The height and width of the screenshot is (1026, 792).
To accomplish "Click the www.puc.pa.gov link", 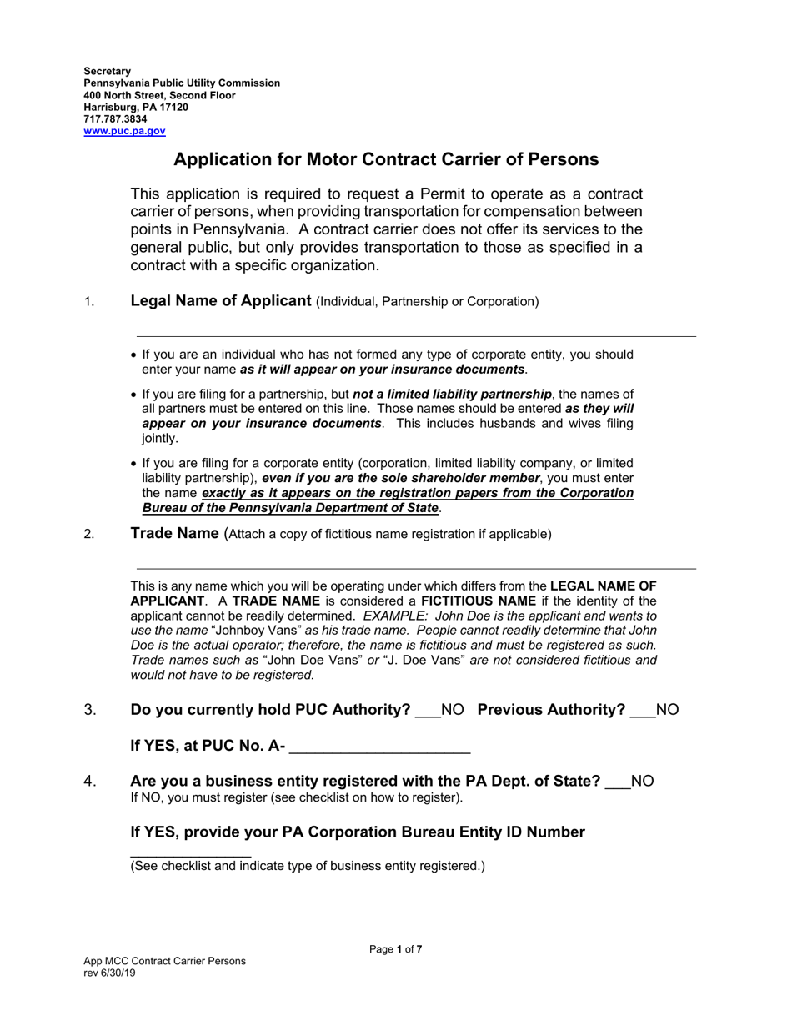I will point(124,131).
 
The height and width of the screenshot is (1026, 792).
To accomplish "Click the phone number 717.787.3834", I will point(115,119).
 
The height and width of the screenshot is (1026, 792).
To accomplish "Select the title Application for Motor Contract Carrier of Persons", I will point(385,159).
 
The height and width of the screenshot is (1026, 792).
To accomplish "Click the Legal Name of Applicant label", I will point(221,301).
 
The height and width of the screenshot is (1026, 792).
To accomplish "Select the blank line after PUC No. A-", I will point(379,749).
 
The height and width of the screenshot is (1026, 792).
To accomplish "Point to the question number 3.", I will point(90,710).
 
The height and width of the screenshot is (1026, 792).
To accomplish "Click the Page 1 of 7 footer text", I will point(395,948).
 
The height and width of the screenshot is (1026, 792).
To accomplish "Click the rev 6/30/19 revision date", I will point(109,973).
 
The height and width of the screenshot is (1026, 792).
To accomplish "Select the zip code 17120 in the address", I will point(173,108).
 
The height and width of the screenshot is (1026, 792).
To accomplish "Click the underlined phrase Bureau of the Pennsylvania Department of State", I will point(289,508).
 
